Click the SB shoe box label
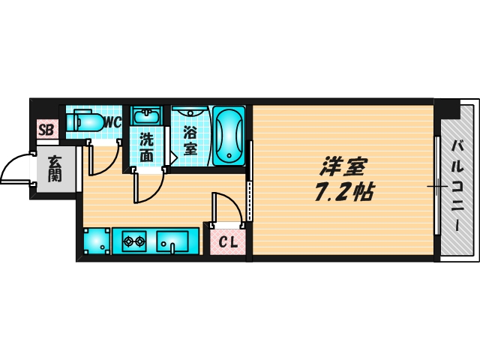[x=46, y=130]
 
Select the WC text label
[x=112, y=121]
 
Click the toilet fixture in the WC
[x=84, y=121]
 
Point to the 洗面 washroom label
[x=146, y=148]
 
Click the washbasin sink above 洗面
[x=146, y=116]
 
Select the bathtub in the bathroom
[x=228, y=136]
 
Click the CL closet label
[x=228, y=241]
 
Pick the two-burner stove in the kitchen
[x=135, y=241]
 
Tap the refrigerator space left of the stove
[x=97, y=241]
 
